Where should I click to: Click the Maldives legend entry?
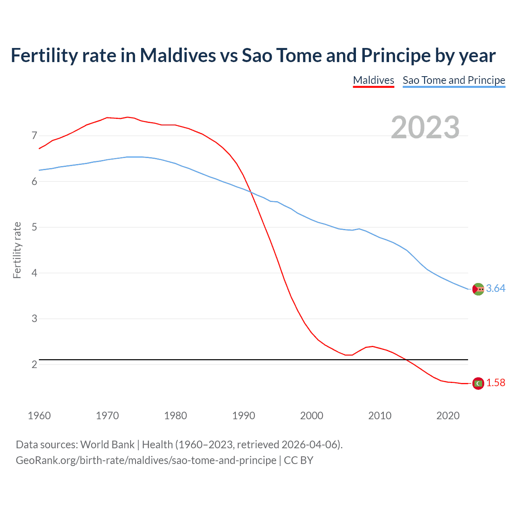[373, 80]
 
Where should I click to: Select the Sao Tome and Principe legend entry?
[454, 80]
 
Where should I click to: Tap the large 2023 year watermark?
[425, 127]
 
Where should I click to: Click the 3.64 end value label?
[495, 288]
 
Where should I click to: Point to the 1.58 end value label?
[495, 383]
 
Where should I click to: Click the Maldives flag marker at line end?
[478, 383]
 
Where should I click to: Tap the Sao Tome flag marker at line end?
[478, 289]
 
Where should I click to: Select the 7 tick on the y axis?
[34, 135]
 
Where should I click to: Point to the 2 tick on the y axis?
[34, 364]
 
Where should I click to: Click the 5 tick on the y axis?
[34, 227]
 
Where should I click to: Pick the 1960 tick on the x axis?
[39, 416]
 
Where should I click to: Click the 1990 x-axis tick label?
[243, 416]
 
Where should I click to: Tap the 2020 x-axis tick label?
[448, 416]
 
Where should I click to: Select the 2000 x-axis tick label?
[312, 416]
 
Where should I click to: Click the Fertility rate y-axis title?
[17, 250]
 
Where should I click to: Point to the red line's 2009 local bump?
[372, 346]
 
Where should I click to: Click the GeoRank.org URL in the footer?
[146, 460]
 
